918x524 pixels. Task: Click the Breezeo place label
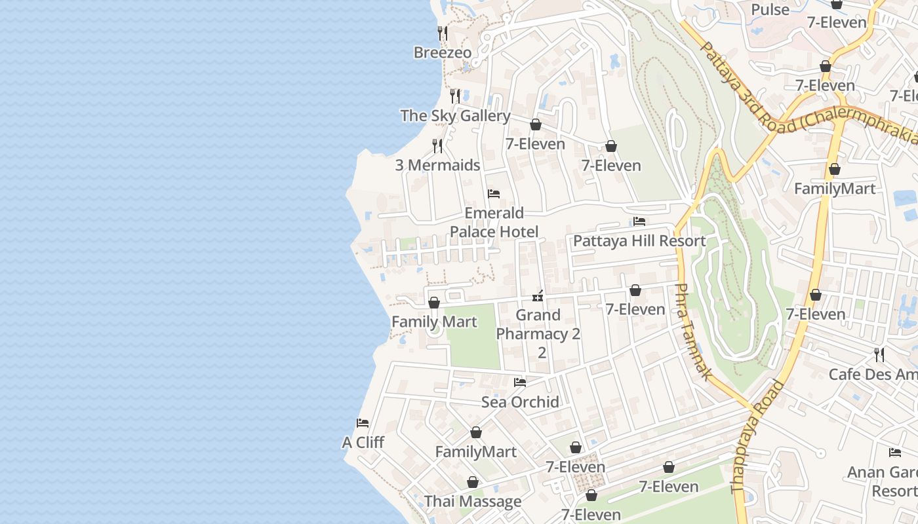[x=442, y=52]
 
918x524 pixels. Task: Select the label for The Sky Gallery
[x=455, y=116]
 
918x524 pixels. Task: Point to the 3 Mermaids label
[x=437, y=165]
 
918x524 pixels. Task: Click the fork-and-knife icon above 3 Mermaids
[x=437, y=145]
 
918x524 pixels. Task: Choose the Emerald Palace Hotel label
[x=494, y=222]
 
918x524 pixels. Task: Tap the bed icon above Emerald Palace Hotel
[x=494, y=194]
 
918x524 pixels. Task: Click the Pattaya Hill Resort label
[x=639, y=241]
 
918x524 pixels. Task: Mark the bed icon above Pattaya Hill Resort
[x=639, y=221]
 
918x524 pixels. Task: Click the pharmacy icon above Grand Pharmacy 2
[x=538, y=296]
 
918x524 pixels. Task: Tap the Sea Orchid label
[x=520, y=402]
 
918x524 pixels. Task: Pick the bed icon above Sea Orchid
[x=520, y=382]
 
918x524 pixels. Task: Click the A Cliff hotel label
[x=363, y=443]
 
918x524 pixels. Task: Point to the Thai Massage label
[x=472, y=502]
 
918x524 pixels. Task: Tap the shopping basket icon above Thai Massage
[x=472, y=482]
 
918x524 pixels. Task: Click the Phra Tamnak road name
[x=692, y=331]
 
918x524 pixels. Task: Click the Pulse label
[x=770, y=10]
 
